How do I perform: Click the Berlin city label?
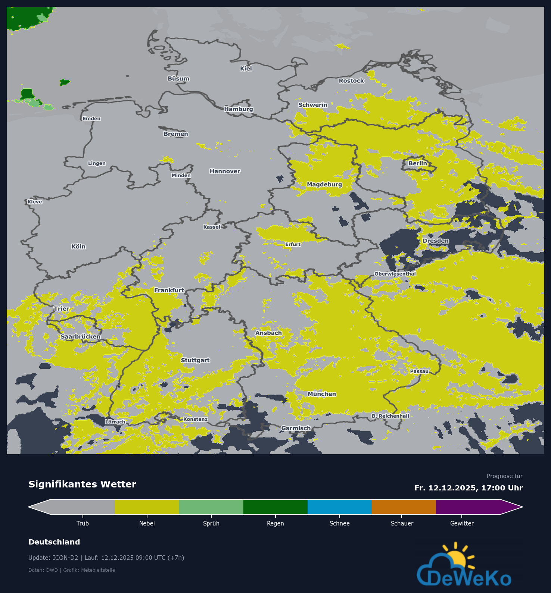pos(417,163)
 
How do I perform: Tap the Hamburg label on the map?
pos(239,109)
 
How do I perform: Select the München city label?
pos(322,394)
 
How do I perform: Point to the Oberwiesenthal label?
pos(395,274)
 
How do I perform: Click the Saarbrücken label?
pos(80,336)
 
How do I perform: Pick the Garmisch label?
pos(296,428)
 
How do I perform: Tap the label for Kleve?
pos(35,202)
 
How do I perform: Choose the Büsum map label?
pos(178,79)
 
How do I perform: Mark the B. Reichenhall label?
pos(390,416)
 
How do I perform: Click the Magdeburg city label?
pos(324,184)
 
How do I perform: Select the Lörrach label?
pos(115,422)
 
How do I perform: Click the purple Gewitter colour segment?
pos(468,507)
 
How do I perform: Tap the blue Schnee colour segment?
pos(339,507)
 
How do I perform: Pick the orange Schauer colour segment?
pos(404,507)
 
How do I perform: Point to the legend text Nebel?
pos(147,524)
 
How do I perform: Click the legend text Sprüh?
pos(211,524)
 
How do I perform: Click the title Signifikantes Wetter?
pos(82,484)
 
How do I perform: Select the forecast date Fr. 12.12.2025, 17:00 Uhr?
pos(468,488)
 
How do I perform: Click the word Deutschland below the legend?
pos(54,542)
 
